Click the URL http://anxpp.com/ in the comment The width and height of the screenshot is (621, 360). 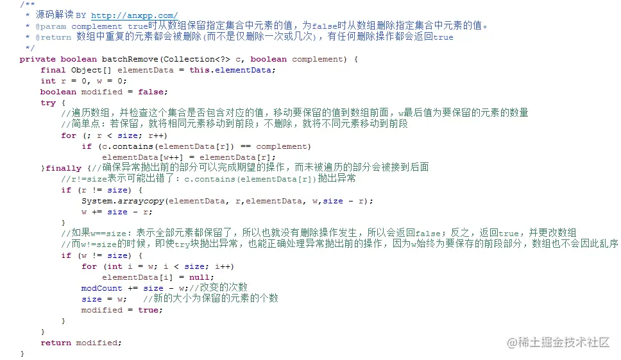click(x=134, y=15)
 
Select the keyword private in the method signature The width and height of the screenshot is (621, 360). click(x=38, y=59)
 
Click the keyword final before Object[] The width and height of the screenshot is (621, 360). click(x=53, y=70)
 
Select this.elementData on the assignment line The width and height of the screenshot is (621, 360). click(x=232, y=70)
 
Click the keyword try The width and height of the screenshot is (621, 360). click(x=48, y=103)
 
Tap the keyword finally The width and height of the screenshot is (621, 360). click(x=64, y=168)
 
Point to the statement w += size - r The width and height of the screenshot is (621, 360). click(x=117, y=212)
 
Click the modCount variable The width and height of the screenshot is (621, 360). click(x=101, y=288)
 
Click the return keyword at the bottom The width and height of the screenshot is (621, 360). click(x=56, y=343)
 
